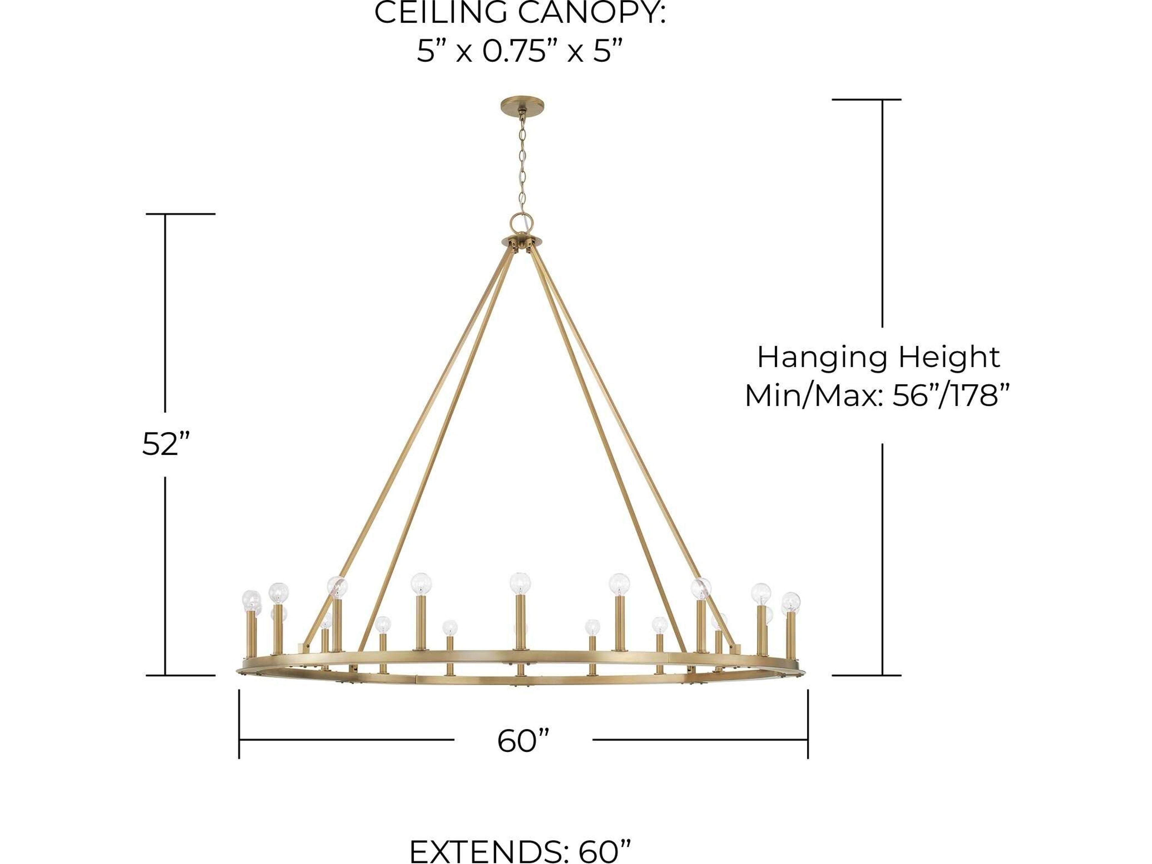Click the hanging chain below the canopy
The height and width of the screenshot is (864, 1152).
(522, 161)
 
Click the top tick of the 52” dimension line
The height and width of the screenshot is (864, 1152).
(180, 214)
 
